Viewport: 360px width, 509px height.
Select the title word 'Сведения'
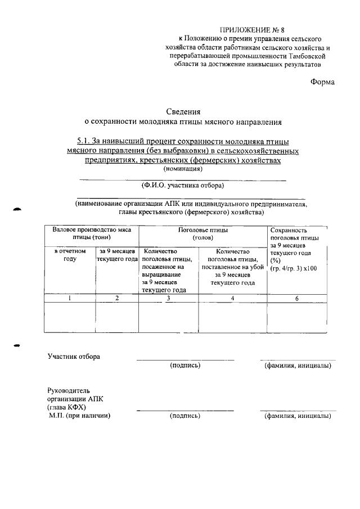(183, 111)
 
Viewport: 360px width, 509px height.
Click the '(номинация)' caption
(183, 169)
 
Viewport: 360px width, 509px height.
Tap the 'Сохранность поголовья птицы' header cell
(295, 235)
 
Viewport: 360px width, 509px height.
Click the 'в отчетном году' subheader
(69, 255)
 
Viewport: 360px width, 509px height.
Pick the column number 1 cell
(69, 298)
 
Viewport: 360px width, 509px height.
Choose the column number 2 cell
(117, 298)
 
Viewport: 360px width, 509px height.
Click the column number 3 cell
(168, 298)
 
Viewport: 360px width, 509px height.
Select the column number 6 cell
(296, 298)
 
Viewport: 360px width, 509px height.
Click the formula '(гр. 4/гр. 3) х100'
(294, 269)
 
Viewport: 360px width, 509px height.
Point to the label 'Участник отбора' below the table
(74, 357)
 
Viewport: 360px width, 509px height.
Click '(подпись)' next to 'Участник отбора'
(185, 366)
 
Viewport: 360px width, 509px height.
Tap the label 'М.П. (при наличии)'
(79, 416)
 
